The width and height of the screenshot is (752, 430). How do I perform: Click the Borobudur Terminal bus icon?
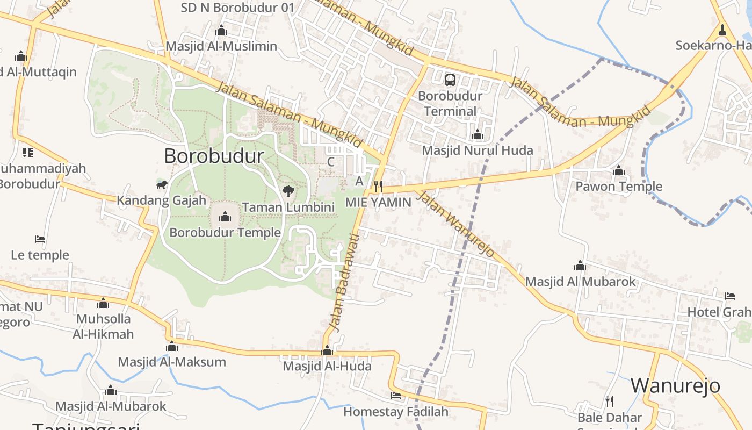pos(450,80)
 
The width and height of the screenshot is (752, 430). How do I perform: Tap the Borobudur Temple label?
pos(225,233)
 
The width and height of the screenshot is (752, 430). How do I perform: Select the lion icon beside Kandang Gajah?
pos(161,185)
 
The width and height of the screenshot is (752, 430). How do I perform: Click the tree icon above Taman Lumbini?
pos(288,191)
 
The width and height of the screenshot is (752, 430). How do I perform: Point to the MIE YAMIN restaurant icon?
pos(378,187)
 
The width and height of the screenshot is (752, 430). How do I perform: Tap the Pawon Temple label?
pos(619,187)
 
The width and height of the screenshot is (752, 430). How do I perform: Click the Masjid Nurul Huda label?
pos(478,150)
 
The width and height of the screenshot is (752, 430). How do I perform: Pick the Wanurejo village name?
pos(675,385)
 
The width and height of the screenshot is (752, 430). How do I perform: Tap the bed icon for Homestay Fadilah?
pos(396,396)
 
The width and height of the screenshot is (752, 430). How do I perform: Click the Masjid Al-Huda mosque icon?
pos(327,352)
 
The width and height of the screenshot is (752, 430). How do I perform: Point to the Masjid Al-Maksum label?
pos(172,362)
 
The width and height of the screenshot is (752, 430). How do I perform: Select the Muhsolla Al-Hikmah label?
pos(104,326)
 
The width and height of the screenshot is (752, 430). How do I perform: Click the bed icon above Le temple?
pos(39,239)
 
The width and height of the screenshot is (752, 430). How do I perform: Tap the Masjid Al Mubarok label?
pos(580,282)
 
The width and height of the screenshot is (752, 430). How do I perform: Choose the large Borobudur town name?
pos(214,156)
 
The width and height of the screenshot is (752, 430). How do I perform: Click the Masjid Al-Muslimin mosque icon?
pos(221,31)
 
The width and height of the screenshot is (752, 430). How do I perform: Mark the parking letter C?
pos(331,162)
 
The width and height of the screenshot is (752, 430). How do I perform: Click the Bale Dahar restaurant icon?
pos(610,401)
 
